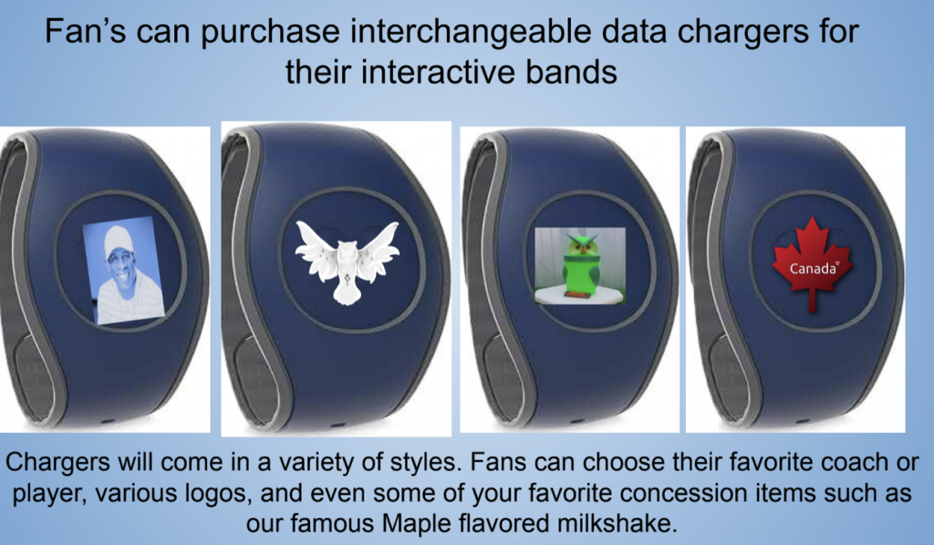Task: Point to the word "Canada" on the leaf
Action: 813,269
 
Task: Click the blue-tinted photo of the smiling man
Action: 124,271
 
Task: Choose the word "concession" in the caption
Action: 672,493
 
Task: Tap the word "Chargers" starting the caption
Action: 57,463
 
